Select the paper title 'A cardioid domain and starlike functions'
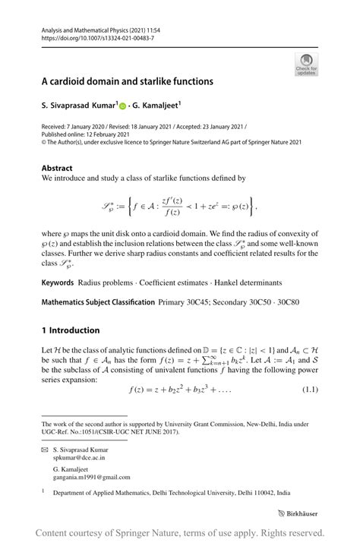[127, 80]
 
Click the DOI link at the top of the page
[90, 36]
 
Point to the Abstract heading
[58, 168]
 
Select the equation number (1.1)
[309, 390]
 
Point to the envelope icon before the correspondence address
[45, 450]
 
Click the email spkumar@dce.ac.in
[84, 459]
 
